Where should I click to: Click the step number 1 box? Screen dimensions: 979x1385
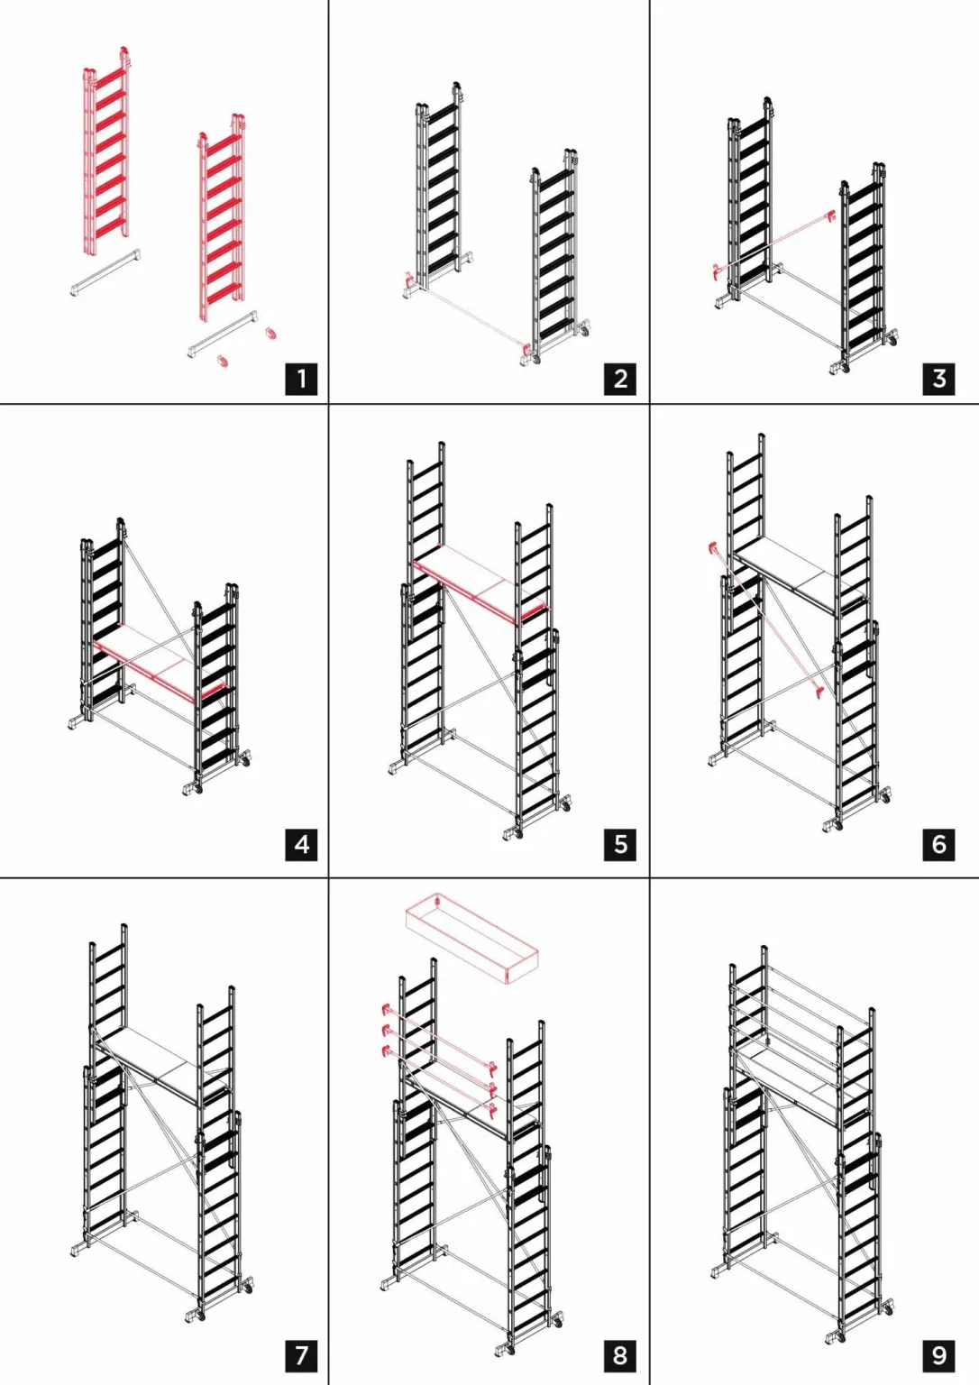301,379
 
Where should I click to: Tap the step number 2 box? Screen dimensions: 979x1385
620,379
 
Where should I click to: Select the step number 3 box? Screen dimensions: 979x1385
938,379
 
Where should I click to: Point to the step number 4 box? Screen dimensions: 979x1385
301,845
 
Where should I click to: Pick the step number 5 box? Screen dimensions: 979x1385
620,845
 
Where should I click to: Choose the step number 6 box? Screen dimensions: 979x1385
938,845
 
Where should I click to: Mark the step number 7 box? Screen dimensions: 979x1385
301,1355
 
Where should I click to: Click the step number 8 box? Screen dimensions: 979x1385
620,1355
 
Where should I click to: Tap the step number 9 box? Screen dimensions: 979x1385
938,1355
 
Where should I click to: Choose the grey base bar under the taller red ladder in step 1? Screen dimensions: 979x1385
105,273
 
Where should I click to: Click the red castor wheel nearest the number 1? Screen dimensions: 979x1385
270,333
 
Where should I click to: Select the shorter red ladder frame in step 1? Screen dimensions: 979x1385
221,217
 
